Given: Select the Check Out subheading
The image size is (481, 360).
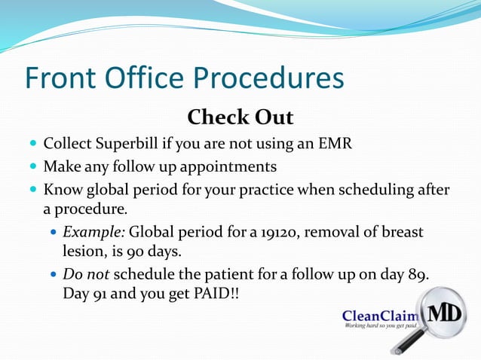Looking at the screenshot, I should tap(240, 118).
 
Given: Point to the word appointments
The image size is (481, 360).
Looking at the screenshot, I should tap(230, 166).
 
